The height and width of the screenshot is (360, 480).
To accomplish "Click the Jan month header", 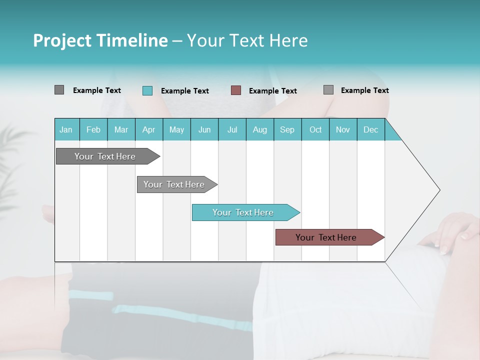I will coord(66,129).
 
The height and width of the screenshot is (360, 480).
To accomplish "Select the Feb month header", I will coord(93,129).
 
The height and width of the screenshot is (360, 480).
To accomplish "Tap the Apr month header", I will coord(148,129).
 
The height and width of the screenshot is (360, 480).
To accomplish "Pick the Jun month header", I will coord(204,129).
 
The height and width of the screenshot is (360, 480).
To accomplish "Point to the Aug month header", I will coord(259,129).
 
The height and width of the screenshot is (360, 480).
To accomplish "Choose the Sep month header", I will coord(287,129).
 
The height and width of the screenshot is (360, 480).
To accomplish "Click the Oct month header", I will coord(315,129).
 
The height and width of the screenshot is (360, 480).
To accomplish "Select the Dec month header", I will coord(370,129).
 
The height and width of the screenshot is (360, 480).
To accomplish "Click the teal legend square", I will coord(147,90).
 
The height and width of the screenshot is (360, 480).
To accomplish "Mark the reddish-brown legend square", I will coord(236,90).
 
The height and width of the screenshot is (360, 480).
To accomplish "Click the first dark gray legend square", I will coord(59,90).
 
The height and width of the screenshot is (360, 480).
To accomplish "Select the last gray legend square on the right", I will coord(328,90).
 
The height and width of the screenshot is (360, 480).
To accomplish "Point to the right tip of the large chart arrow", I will coord(439,189).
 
